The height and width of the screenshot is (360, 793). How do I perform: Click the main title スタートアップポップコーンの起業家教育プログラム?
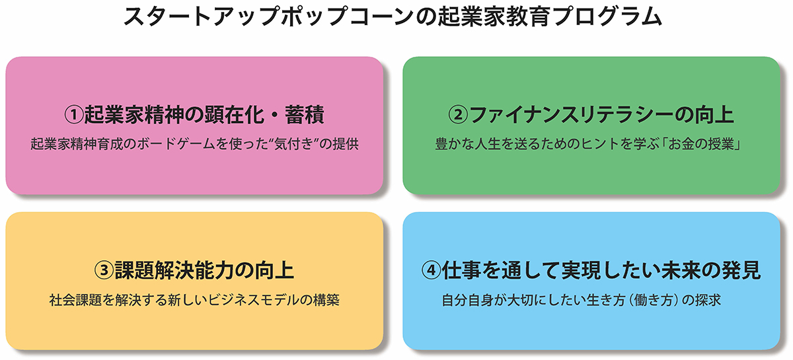point(393,17)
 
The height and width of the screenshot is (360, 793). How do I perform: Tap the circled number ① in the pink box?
point(73,115)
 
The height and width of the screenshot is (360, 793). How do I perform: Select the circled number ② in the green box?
point(458,115)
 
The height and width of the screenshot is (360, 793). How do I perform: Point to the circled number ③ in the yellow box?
point(104,270)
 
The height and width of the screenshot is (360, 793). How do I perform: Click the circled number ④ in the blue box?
point(431,270)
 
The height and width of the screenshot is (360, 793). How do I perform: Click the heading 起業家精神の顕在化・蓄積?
point(204,115)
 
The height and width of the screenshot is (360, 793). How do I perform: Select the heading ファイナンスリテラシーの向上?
point(601,115)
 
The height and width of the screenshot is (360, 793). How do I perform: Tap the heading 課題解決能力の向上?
point(204,270)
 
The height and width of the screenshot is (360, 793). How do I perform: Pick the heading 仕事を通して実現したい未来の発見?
point(601,270)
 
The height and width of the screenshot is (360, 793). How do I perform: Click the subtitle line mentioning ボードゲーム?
point(194,144)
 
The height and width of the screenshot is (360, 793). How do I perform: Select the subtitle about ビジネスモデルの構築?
point(194,300)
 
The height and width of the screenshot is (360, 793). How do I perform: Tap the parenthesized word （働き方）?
point(654,300)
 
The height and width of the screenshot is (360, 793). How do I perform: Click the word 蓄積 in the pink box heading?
point(305,115)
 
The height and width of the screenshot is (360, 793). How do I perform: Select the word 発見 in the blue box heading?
point(741,270)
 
